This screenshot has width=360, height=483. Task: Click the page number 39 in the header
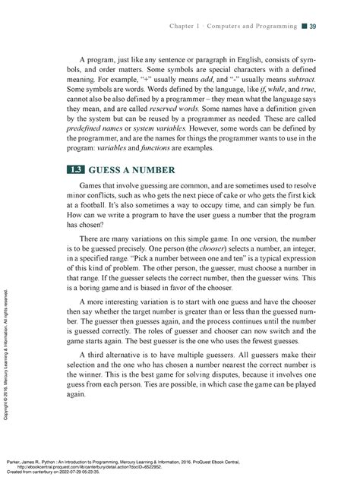[313, 28]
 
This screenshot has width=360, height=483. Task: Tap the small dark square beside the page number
[303, 28]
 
